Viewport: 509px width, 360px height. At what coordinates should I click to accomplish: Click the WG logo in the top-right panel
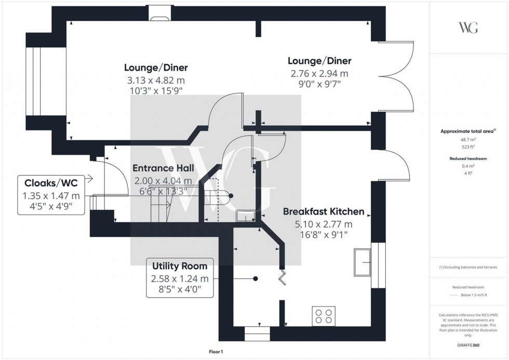468,28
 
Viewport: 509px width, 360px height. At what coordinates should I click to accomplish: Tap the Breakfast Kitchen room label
323,212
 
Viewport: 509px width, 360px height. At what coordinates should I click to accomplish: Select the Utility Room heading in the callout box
180,266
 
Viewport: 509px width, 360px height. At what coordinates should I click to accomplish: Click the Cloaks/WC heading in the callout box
51,183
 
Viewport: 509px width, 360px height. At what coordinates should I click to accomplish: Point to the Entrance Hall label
163,168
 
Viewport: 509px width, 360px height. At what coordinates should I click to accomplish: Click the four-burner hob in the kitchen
323,316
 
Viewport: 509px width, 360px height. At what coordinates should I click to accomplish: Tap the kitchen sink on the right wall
362,262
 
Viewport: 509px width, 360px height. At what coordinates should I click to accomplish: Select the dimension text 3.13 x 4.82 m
156,81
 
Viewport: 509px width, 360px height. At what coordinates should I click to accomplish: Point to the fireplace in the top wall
156,14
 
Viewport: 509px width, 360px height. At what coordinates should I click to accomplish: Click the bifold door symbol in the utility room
284,277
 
